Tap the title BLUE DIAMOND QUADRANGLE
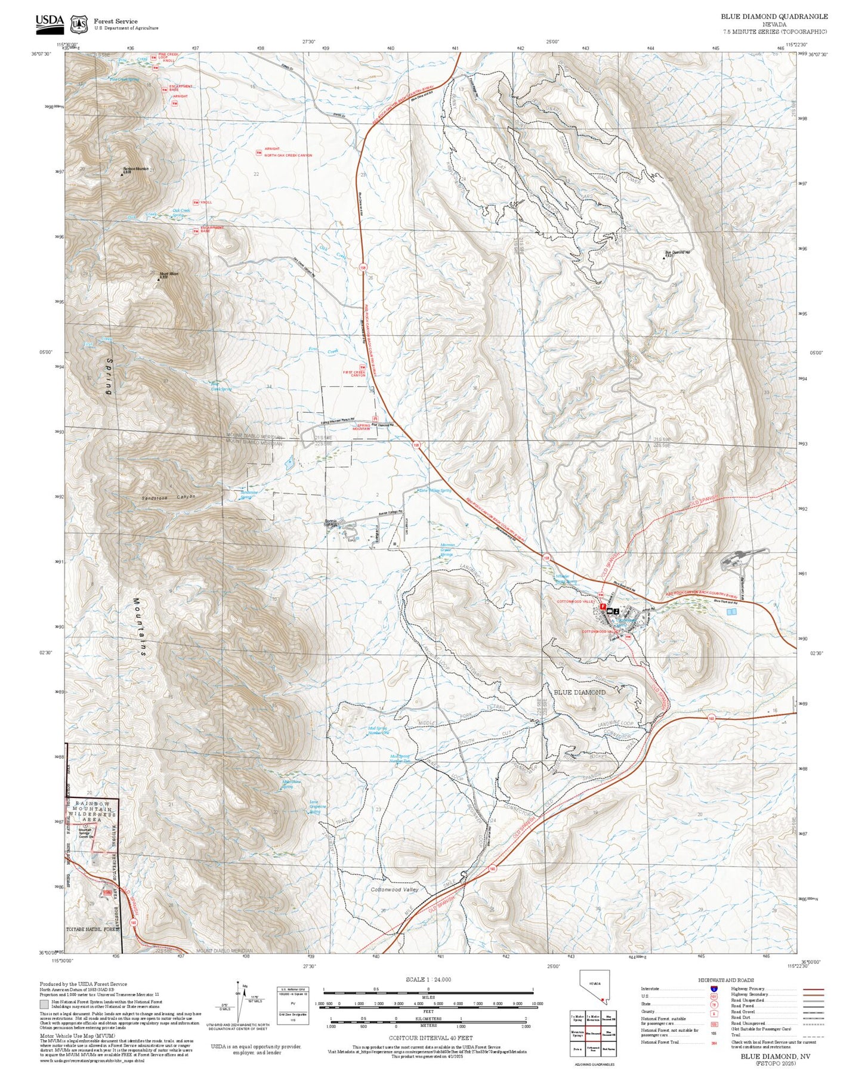(x=774, y=17)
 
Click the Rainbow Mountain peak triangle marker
(x=122, y=175)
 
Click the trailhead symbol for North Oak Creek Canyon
(x=258, y=153)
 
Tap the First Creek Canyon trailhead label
(x=354, y=374)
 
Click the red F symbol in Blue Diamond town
(x=603, y=607)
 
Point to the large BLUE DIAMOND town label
(x=579, y=692)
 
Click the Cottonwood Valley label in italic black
(x=394, y=889)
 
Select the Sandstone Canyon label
(x=168, y=497)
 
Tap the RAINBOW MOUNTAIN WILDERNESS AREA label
(x=92, y=812)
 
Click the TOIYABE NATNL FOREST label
(x=92, y=929)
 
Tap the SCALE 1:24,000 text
(x=428, y=979)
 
